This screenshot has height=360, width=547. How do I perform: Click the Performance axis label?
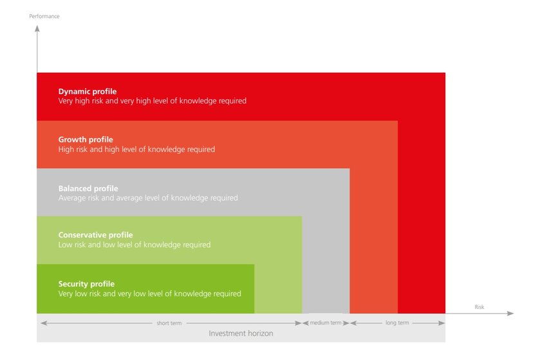click(x=44, y=16)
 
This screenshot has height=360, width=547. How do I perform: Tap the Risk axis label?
click(x=479, y=307)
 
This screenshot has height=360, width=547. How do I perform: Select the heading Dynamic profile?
click(x=88, y=91)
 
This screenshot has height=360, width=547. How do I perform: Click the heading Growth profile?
click(x=86, y=140)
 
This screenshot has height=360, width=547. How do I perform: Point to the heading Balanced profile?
click(x=88, y=189)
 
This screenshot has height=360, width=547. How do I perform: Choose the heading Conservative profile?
click(x=96, y=235)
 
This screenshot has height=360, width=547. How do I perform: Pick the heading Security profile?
click(x=86, y=284)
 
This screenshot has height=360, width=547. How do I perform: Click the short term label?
click(x=169, y=323)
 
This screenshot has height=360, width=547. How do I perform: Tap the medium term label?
click(x=326, y=323)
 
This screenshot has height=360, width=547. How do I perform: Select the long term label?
click(x=397, y=323)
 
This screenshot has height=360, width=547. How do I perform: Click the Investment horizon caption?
click(x=241, y=334)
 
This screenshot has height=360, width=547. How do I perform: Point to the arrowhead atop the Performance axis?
click(x=37, y=28)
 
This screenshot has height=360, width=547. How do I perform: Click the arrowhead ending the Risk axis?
click(x=510, y=314)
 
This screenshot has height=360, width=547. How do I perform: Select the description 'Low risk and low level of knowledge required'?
click(x=134, y=245)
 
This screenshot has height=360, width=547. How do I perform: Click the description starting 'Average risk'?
click(x=148, y=198)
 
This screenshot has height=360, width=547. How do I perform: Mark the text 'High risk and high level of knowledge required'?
click(x=136, y=149)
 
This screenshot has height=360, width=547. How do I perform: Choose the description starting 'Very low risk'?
click(x=150, y=294)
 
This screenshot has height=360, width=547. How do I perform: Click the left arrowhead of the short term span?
click(x=44, y=323)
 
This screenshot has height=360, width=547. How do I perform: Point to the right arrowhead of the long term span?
click(x=441, y=323)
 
